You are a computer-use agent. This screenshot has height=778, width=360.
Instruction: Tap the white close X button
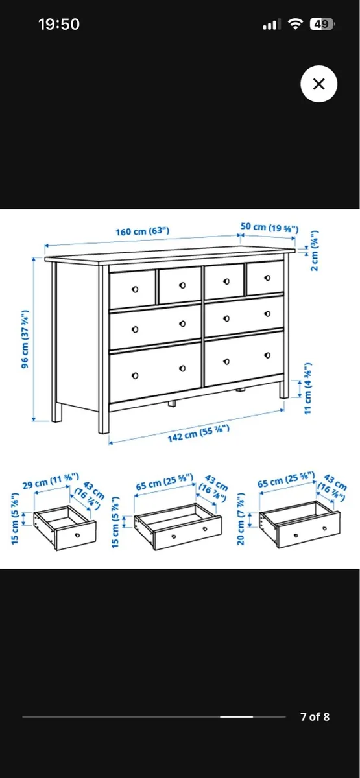pyautogui.click(x=318, y=84)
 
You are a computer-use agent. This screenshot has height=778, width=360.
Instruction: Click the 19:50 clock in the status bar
pyautogui.click(x=59, y=25)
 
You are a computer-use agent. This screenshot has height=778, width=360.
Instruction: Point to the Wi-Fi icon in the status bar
pyautogui.click(x=296, y=25)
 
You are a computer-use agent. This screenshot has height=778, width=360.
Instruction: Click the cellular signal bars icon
pyautogui.click(x=271, y=25)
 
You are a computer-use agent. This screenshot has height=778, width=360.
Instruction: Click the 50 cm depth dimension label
pyautogui.click(x=269, y=228)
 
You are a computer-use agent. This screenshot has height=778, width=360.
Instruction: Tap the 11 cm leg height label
pyautogui.click(x=308, y=387)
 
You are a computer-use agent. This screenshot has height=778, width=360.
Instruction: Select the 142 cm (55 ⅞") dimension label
pyautogui.click(x=196, y=435)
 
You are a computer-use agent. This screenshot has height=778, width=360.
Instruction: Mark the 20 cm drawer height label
pyautogui.click(x=241, y=519)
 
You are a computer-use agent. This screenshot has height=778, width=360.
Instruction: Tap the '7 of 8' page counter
pyautogui.click(x=315, y=716)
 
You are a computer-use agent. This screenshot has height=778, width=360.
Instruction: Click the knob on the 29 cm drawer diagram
pyautogui.click(x=77, y=535)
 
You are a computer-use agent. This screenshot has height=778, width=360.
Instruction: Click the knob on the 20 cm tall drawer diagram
pyautogui.click(x=294, y=536)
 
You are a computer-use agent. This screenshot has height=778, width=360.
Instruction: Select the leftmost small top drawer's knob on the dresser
pyautogui.click(x=134, y=289)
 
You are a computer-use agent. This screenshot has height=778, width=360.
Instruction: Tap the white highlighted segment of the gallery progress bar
pyautogui.click(x=236, y=716)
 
